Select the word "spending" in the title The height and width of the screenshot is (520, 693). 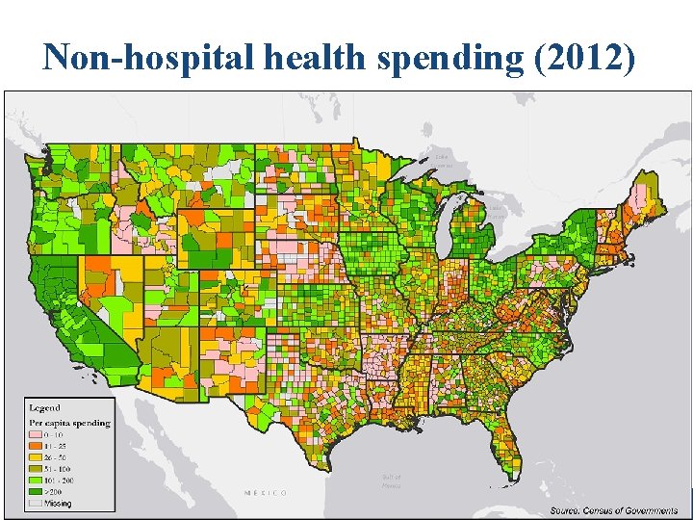(x=449, y=59)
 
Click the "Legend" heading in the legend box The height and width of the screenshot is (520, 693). (x=43, y=408)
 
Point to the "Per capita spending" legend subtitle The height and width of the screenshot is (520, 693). (x=68, y=423)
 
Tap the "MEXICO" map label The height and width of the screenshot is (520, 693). (x=265, y=492)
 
